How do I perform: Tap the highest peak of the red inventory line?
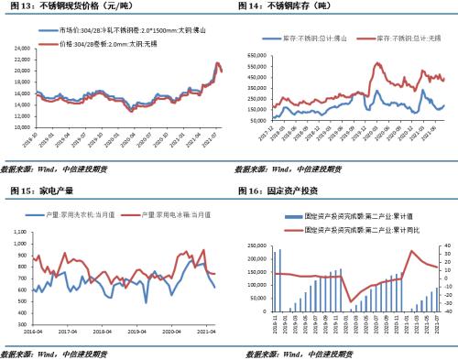click(x=376, y=63)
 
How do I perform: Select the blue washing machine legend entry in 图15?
click(x=82, y=213)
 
